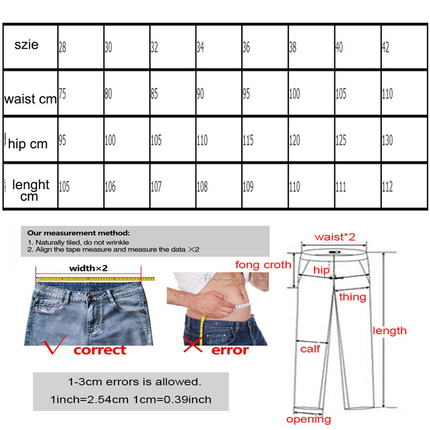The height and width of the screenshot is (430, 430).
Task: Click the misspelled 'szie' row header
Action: (26, 45)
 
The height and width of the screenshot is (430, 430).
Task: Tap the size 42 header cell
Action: (386, 47)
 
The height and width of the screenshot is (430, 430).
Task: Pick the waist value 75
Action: (62, 94)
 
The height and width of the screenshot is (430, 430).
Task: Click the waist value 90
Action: (200, 94)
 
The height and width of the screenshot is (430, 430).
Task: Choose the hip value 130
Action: (387, 141)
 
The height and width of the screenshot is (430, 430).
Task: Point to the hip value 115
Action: (248, 141)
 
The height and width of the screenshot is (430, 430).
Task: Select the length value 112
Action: (387, 187)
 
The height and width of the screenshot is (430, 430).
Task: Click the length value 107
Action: (155, 187)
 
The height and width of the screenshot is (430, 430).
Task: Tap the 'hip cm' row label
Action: (28, 144)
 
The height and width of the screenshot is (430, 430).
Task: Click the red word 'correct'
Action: (99, 350)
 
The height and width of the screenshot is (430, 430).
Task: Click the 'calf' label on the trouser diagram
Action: (310, 349)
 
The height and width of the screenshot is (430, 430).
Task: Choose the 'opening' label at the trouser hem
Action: (308, 419)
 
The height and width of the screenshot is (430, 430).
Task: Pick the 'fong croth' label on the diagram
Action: (263, 264)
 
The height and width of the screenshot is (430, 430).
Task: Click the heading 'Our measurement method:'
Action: (78, 233)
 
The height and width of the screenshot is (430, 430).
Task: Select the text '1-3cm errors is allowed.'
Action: (134, 383)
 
